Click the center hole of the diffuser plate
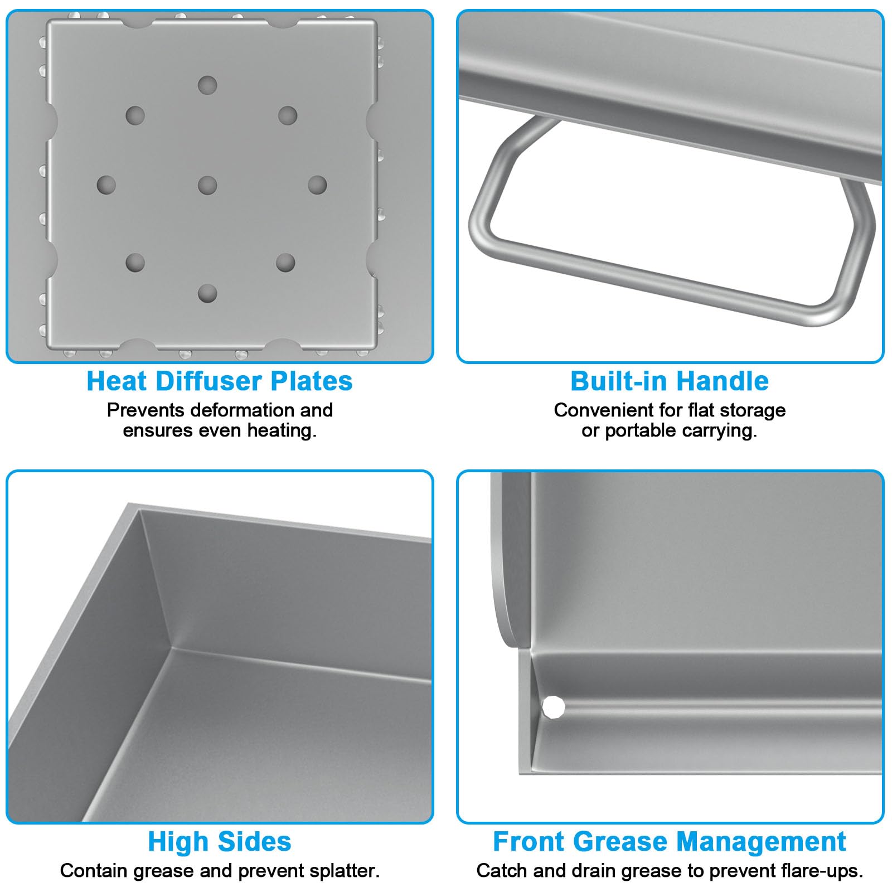tap(207, 185)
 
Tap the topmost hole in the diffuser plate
tap(207, 85)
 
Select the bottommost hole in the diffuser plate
tap(207, 293)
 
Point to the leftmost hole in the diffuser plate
tap(106, 185)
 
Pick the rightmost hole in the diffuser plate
tap(317, 185)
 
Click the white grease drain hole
tap(554, 707)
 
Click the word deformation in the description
tap(241, 410)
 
